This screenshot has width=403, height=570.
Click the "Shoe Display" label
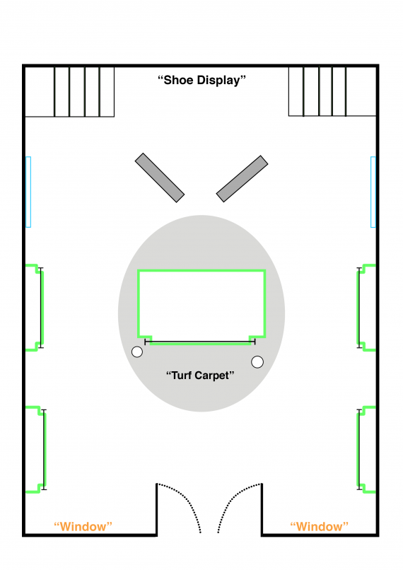coord(201,81)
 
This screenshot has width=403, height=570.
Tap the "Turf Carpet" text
coord(200,376)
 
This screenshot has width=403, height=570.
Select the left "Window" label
coord(83,526)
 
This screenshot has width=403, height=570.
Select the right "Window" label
coord(320,526)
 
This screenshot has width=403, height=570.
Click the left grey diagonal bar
coord(160,178)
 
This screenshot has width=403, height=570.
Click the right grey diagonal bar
coord(242,179)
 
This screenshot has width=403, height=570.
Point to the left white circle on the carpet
coord(137,352)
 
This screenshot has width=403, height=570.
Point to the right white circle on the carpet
coord(257,362)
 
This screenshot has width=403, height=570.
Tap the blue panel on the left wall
coord(28,192)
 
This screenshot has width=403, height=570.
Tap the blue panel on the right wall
coord(373,192)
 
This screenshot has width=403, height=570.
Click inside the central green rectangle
coord(201,303)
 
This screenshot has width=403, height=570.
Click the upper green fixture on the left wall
coord(42,308)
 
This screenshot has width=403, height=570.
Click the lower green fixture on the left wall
coord(45,449)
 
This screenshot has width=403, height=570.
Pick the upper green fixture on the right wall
coord(358,308)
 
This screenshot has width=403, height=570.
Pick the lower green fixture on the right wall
coord(358,449)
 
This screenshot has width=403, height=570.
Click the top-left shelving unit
coord(69,92)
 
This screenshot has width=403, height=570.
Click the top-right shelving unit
coord(332,91)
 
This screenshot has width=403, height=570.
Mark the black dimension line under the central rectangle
coord(200,342)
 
